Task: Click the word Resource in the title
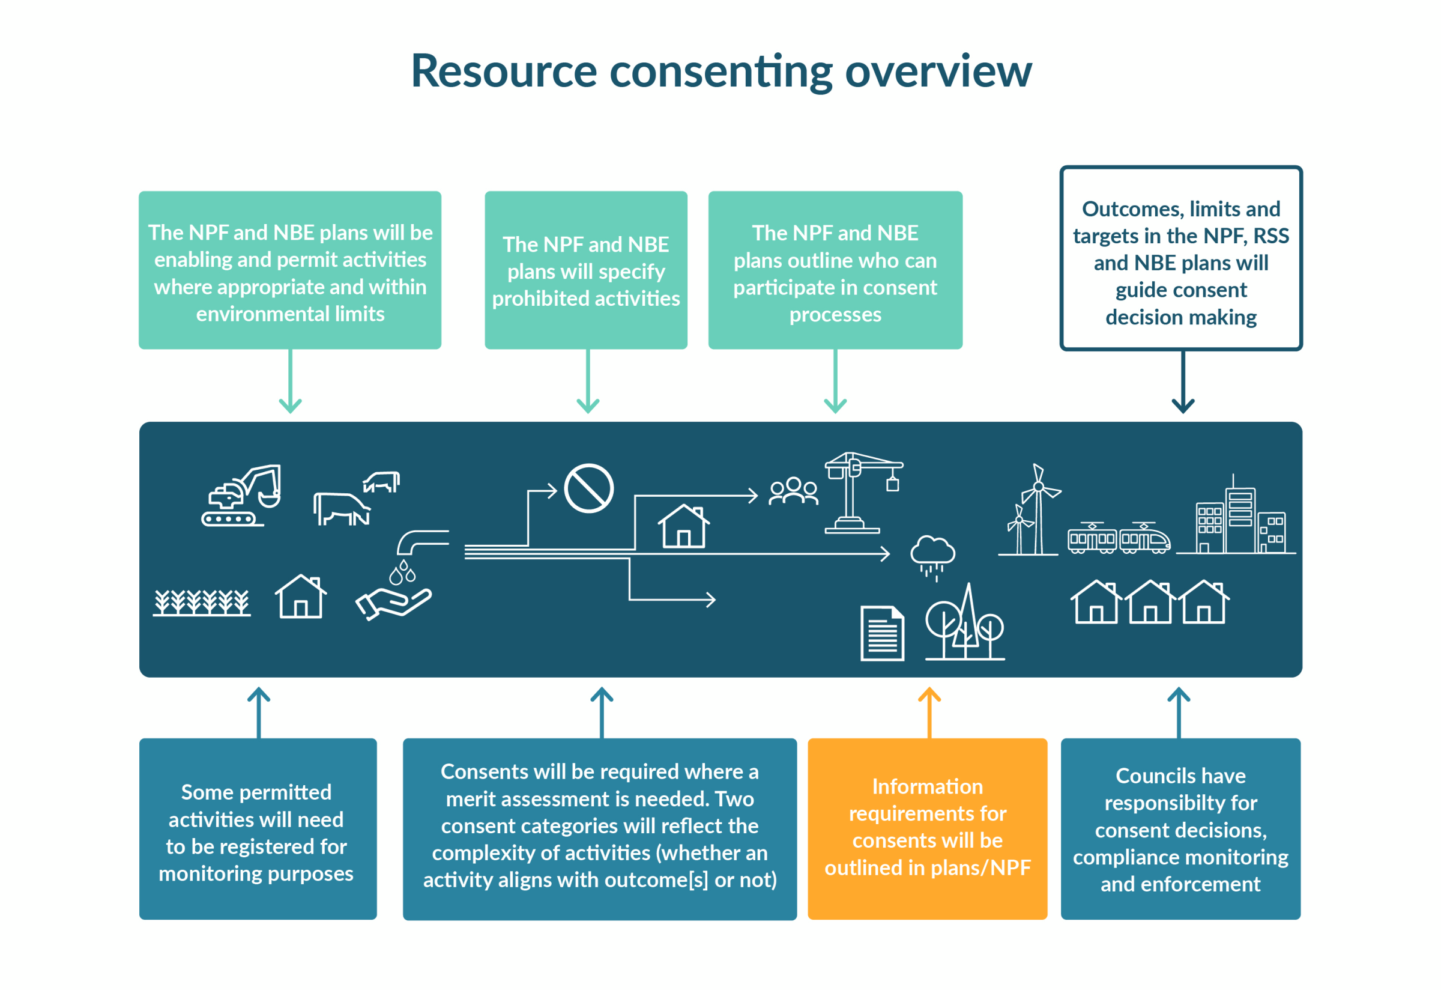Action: [503, 71]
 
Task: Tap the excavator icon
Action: [242, 496]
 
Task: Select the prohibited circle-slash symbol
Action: [588, 488]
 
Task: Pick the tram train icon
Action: [1119, 538]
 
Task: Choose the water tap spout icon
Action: [421, 541]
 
